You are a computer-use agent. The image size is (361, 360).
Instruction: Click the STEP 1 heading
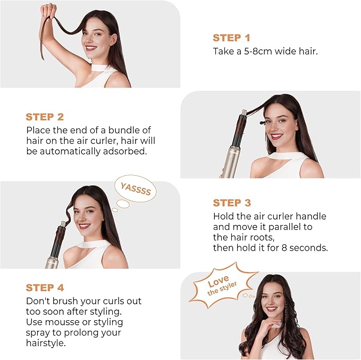tap(231, 38)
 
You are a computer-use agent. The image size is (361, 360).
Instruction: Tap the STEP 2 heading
tap(45, 117)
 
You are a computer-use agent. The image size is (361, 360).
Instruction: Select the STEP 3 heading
tap(231, 203)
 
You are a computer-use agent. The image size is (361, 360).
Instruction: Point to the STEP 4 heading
tap(45, 288)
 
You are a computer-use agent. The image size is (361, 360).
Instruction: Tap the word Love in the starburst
tap(218, 280)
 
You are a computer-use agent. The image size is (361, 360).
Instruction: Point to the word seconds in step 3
tap(309, 248)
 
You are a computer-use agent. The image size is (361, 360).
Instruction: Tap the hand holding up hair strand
tap(48, 11)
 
